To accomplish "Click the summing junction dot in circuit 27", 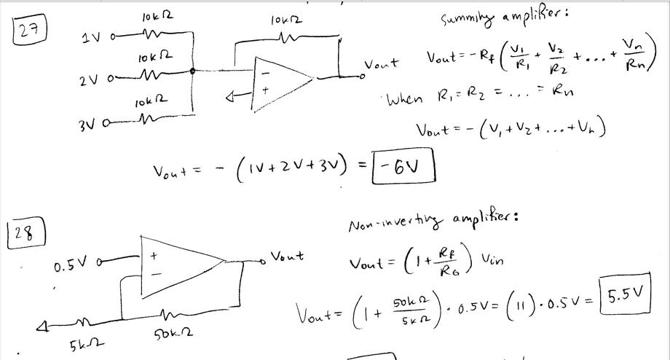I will point(192,71).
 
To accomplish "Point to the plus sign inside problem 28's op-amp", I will point(154,257).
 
